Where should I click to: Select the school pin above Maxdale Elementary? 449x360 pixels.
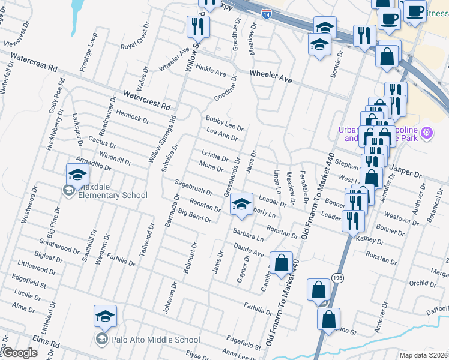[78, 175]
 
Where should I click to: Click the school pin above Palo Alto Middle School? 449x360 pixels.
[105, 316]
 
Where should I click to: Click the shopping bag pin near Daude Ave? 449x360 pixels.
[281, 263]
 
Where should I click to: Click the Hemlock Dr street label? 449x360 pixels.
[133, 116]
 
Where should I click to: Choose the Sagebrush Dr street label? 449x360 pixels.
[193, 187]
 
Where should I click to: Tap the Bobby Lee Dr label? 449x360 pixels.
[224, 123]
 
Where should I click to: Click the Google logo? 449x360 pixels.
[19, 353]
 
